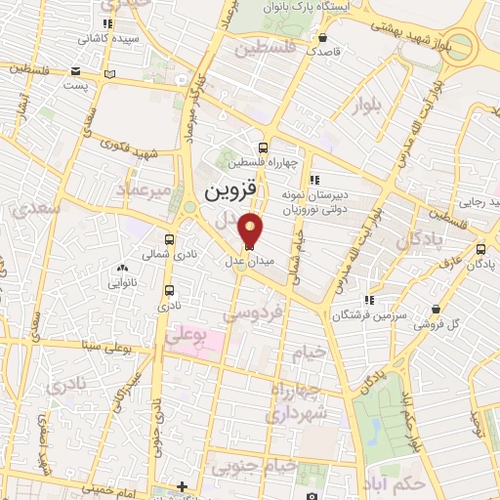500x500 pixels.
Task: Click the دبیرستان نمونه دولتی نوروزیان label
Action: tap(315, 200)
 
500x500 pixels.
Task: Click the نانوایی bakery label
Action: tap(121, 282)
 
